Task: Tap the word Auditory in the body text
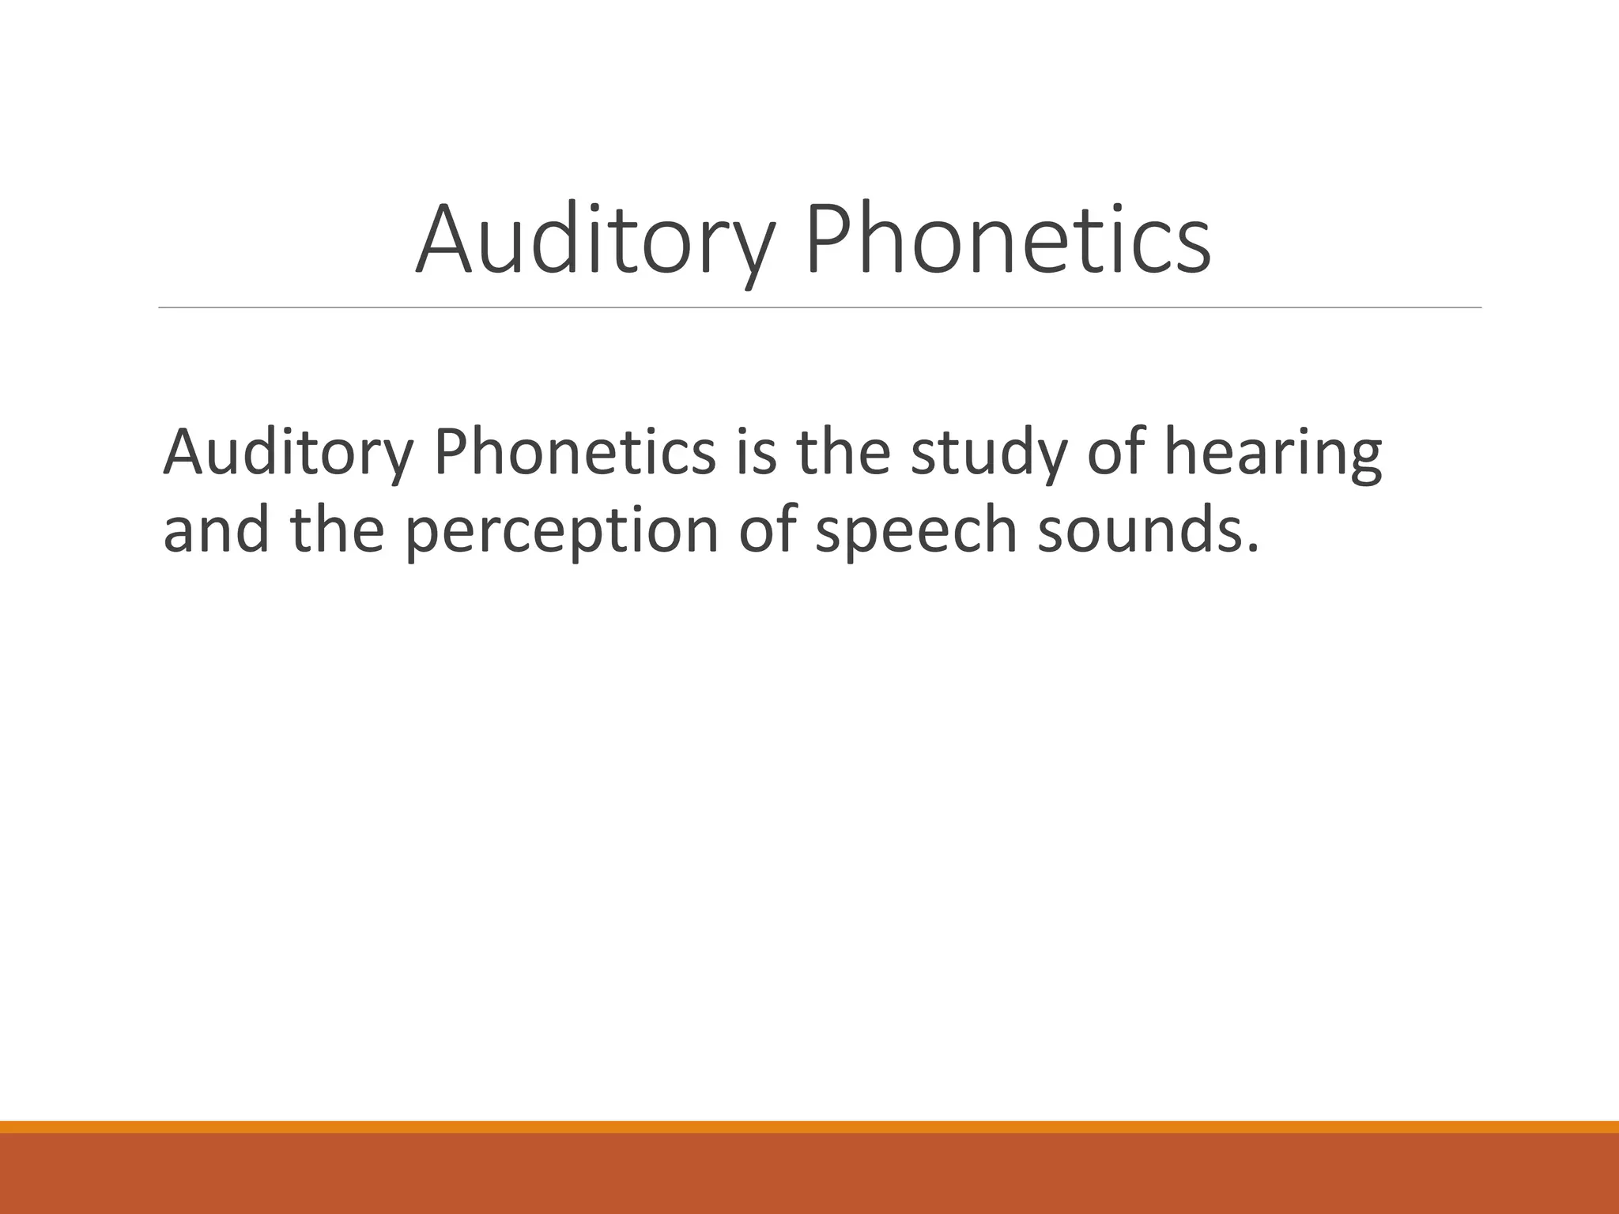289,454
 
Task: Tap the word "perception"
562,533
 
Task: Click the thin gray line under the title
820,307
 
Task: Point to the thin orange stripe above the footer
809,1127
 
